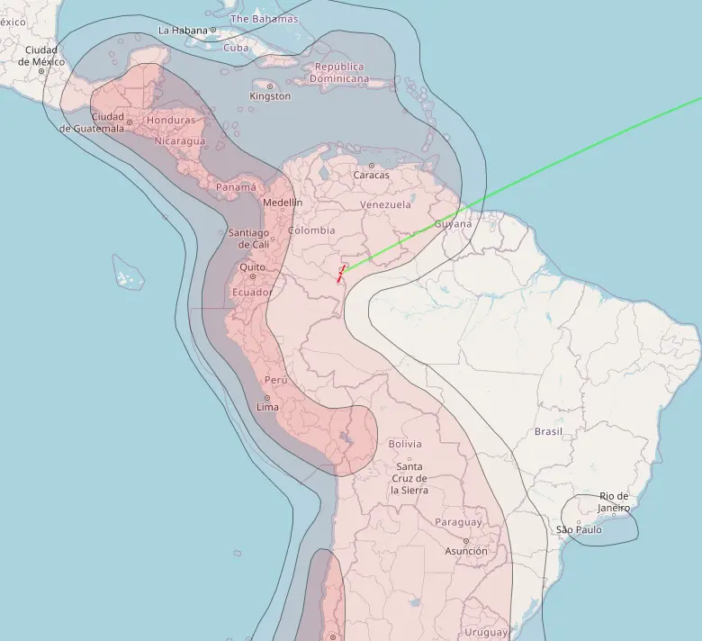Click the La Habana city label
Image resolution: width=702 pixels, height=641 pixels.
(182, 30)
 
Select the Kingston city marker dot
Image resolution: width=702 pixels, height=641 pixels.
(270, 86)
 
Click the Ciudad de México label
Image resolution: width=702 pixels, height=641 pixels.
(40, 56)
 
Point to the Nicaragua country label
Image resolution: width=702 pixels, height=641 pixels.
(179, 140)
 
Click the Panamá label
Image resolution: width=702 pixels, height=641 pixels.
(237, 187)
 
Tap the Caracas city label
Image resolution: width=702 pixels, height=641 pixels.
(371, 175)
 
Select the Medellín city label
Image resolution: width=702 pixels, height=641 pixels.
(283, 203)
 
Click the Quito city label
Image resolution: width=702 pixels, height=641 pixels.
(252, 267)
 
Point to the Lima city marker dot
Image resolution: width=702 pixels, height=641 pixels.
(267, 397)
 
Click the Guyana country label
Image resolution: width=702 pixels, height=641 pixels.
(453, 224)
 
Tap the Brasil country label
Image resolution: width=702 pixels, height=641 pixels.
(548, 432)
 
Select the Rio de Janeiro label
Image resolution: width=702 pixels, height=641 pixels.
(614, 502)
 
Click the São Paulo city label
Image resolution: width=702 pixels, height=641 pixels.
(578, 529)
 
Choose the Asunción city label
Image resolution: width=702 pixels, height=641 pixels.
(466, 551)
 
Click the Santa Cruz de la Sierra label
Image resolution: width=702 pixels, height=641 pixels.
(409, 478)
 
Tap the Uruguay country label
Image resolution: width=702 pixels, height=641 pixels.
(486, 633)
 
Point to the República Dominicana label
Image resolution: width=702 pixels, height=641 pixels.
(339, 72)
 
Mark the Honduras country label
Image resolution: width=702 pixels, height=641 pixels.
(170, 120)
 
